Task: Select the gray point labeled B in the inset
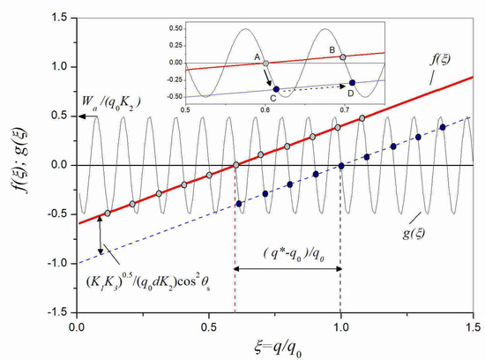(x=343, y=56)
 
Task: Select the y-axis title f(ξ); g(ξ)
(x=17, y=165)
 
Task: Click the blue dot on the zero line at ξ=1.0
(x=341, y=165)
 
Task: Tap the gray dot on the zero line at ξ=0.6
(x=235, y=165)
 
